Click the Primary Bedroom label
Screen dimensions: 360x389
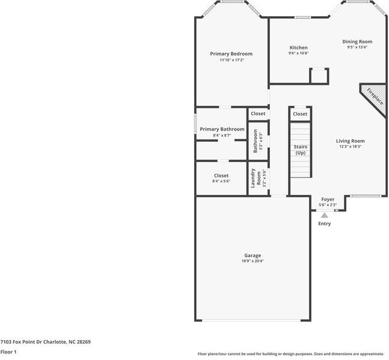coord(231,54)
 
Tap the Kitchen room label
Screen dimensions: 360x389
coord(298,48)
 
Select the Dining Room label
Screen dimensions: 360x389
coord(357,42)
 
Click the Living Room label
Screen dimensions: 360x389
coord(350,141)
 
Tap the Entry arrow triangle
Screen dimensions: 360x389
coord(324,215)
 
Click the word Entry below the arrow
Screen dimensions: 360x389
coord(324,224)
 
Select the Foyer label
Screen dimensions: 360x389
coord(328,199)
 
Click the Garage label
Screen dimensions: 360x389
coord(253,255)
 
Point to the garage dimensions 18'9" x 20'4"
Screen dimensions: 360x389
coord(253,261)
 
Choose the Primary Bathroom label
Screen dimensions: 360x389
coord(222,129)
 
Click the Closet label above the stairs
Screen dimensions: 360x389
coord(300,114)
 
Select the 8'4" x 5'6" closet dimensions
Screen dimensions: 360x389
coord(221,181)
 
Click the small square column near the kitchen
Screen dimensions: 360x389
coord(319,76)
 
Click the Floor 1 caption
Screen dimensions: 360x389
coord(8,352)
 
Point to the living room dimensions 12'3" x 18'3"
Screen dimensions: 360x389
coord(350,147)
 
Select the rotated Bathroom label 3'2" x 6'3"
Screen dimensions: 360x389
coord(258,142)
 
